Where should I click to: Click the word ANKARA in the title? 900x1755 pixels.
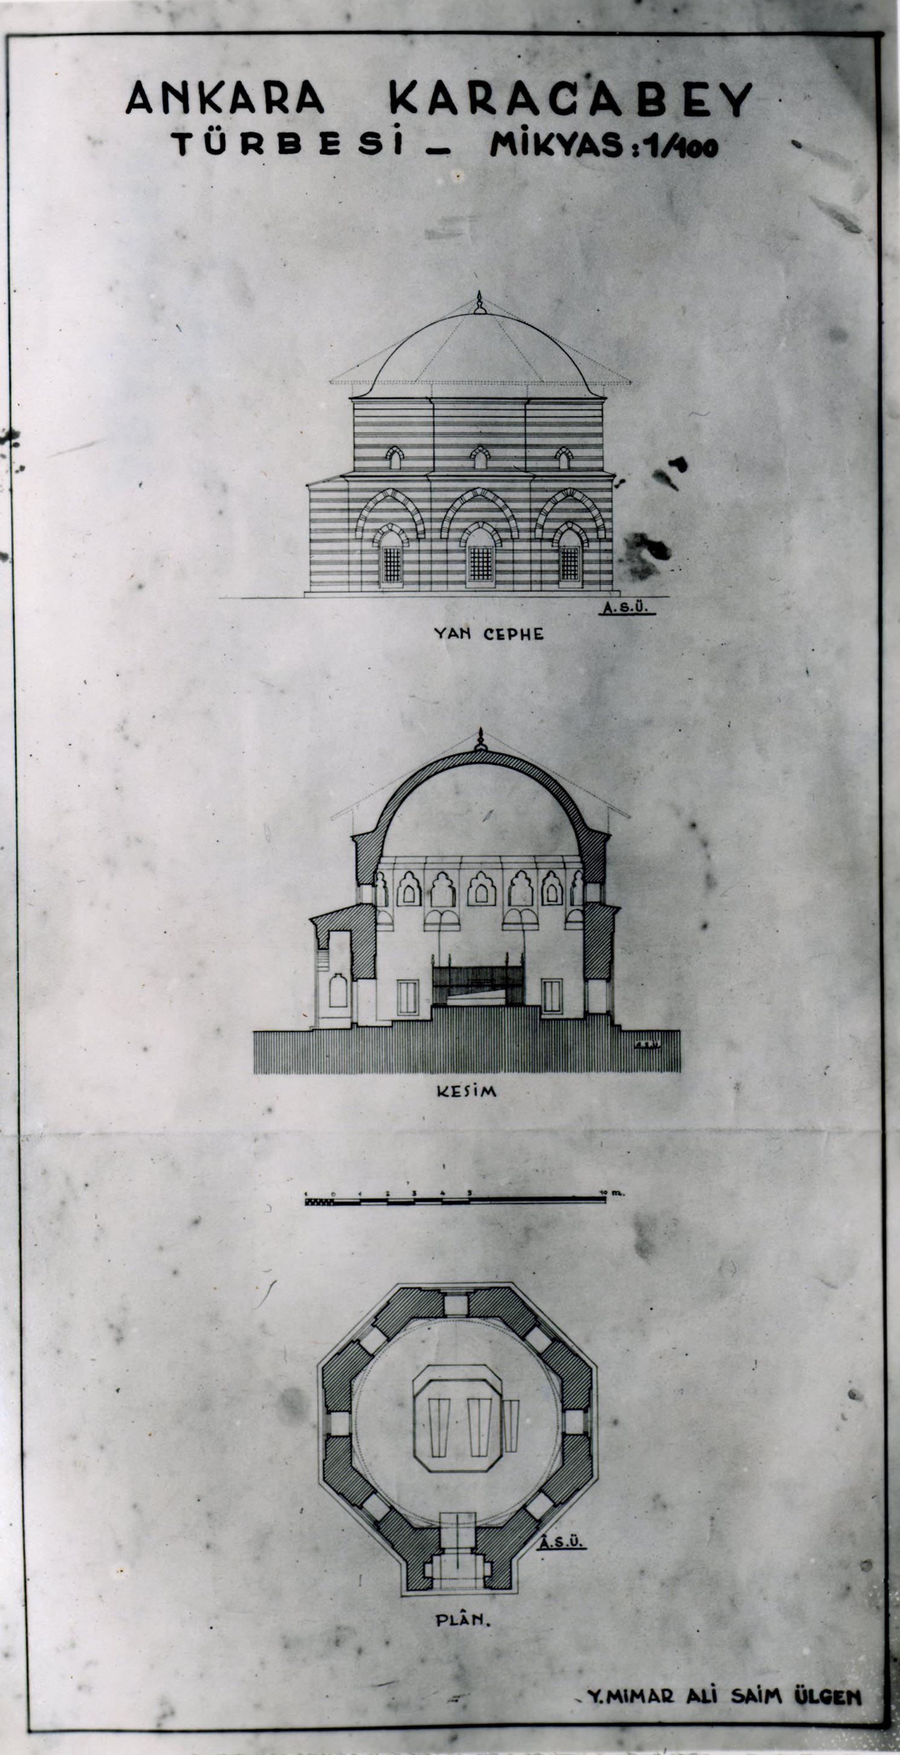[x=225, y=98]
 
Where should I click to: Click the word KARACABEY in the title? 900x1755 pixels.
[x=569, y=100]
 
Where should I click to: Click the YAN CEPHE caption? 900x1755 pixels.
[x=489, y=634]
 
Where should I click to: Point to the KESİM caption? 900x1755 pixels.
[x=467, y=1091]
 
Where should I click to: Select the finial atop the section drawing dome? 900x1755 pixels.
[x=481, y=741]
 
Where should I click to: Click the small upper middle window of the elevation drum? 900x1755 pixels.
[x=481, y=458]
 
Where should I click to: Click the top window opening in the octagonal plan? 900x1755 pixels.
[x=456, y=1305]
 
